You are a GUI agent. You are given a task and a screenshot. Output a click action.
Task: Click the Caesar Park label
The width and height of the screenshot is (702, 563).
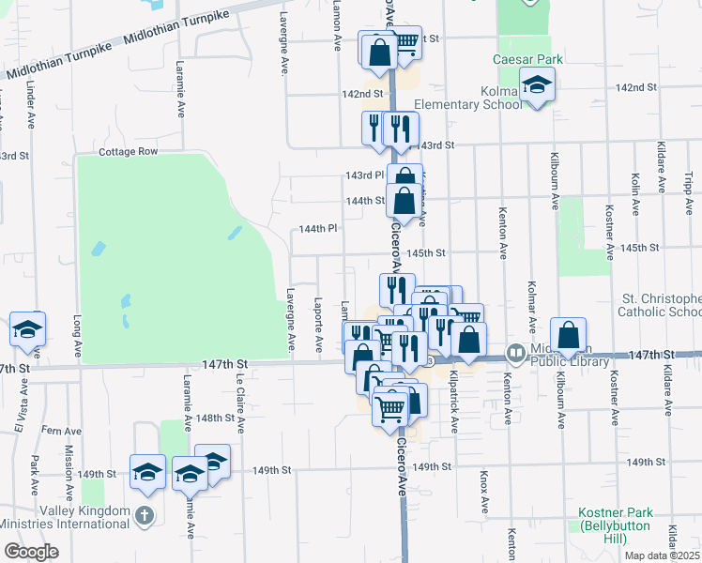point(528,59)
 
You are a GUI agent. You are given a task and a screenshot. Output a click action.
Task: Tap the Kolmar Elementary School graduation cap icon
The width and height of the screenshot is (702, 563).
point(538,87)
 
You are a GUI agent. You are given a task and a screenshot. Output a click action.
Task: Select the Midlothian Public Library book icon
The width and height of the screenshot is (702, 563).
point(515,355)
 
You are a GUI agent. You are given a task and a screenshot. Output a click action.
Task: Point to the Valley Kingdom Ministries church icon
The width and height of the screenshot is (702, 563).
point(144,515)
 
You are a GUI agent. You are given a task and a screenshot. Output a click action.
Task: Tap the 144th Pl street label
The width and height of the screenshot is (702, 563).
point(317,229)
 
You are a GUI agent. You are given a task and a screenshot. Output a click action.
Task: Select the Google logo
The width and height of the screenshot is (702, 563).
point(30,552)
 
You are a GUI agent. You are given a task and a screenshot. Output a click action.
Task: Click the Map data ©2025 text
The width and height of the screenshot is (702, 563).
point(661,555)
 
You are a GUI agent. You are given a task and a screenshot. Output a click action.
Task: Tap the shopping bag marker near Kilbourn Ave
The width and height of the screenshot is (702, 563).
point(568,336)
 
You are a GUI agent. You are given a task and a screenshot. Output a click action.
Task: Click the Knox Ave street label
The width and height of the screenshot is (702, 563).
point(485,492)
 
